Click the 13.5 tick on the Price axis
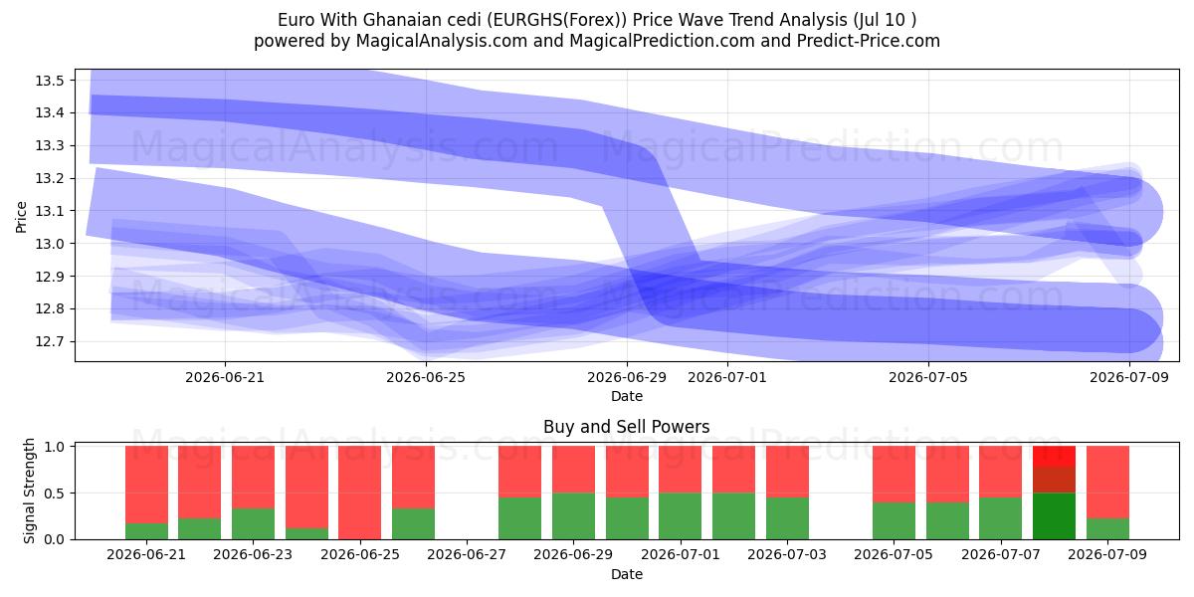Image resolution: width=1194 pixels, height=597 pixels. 50,81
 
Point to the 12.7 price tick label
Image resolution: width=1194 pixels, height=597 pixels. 50,341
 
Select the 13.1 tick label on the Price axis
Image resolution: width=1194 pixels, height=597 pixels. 50,211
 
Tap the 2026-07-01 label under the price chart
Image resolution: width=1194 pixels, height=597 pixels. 727,377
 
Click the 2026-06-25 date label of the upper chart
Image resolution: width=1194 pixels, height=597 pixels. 426,377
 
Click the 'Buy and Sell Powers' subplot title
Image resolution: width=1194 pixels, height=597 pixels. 626,427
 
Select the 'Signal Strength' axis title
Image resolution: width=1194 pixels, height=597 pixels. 29,491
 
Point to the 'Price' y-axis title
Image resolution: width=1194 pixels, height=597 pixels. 21,217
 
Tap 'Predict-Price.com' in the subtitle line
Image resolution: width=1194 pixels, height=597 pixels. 869,41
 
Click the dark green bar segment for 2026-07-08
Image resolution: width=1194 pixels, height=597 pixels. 1054,516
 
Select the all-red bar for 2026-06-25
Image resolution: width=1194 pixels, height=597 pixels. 360,493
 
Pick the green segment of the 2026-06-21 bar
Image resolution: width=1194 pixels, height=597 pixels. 146,531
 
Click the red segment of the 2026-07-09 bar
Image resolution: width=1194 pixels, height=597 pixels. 1107,482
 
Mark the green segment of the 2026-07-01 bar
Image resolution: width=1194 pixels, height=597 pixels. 681,516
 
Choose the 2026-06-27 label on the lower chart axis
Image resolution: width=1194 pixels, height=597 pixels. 467,554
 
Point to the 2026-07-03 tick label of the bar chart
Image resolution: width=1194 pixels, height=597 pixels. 787,554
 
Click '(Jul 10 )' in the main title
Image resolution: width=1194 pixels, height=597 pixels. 885,20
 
